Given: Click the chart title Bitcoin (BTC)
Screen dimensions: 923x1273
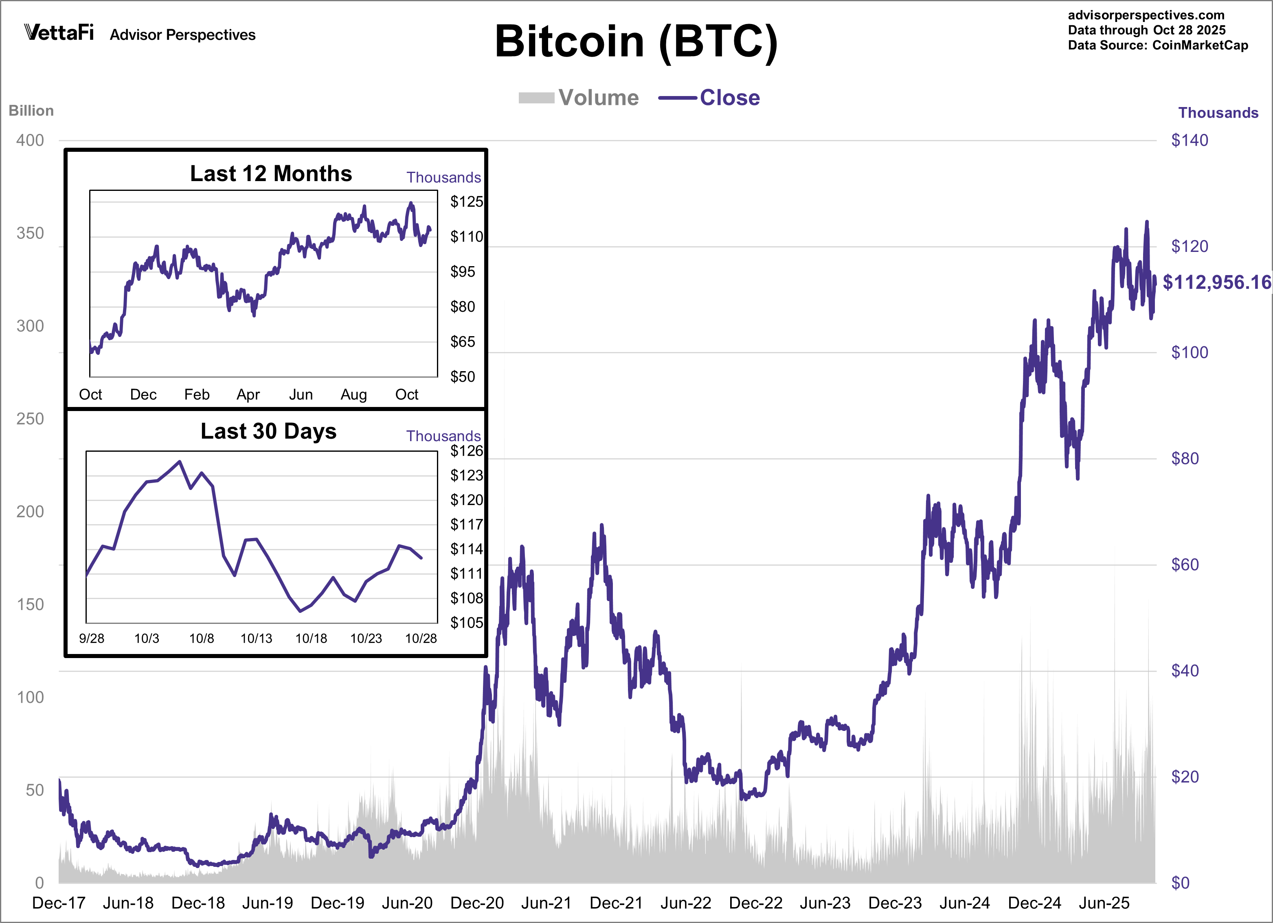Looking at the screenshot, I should point(636,42).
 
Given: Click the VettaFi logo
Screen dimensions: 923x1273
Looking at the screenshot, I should point(59,33).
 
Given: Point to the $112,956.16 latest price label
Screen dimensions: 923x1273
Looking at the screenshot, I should point(1216,282).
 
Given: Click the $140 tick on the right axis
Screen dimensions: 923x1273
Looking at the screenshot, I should point(1190,140).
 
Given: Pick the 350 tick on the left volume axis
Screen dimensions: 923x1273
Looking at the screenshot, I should point(30,234).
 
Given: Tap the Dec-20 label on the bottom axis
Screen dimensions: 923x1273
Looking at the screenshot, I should point(477,903).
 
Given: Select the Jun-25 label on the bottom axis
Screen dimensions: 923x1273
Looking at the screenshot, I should point(1104,903).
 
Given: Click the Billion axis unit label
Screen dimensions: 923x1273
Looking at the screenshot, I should point(31,111).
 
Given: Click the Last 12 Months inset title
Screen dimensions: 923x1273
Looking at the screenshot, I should point(271,173).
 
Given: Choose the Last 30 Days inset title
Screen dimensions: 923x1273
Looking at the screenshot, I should point(268,431).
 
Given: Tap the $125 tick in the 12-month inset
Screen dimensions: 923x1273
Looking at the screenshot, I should point(466,201).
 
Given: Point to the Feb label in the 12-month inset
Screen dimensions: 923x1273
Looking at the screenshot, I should point(196,394).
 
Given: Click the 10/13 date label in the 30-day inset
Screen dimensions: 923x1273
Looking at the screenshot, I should point(256,638).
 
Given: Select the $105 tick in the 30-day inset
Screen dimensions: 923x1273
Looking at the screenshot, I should point(466,622).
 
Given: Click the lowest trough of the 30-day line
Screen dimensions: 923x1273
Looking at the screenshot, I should point(300,611).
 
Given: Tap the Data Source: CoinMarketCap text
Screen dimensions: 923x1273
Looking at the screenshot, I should point(1157,46).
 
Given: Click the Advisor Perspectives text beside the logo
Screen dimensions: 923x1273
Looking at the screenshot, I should point(182,35).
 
